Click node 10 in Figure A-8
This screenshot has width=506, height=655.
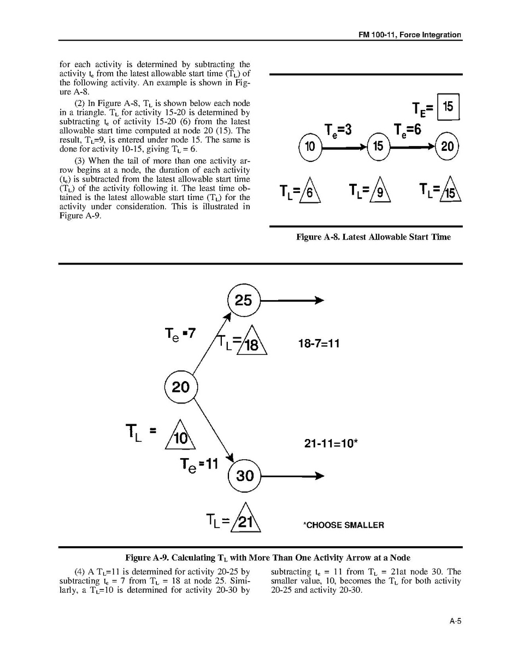(310, 147)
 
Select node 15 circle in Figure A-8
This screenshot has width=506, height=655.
(378, 147)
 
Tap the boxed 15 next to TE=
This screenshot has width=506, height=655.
(448, 107)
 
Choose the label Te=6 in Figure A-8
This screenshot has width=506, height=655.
(407, 130)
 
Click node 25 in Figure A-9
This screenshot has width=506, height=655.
(243, 300)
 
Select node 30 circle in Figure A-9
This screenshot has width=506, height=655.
(244, 476)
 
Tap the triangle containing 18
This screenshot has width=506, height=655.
(252, 343)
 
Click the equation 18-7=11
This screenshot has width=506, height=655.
(319, 343)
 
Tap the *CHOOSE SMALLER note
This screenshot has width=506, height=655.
(343, 525)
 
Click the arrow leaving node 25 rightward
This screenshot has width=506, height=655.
(292, 300)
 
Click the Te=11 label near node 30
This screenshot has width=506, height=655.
(199, 465)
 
